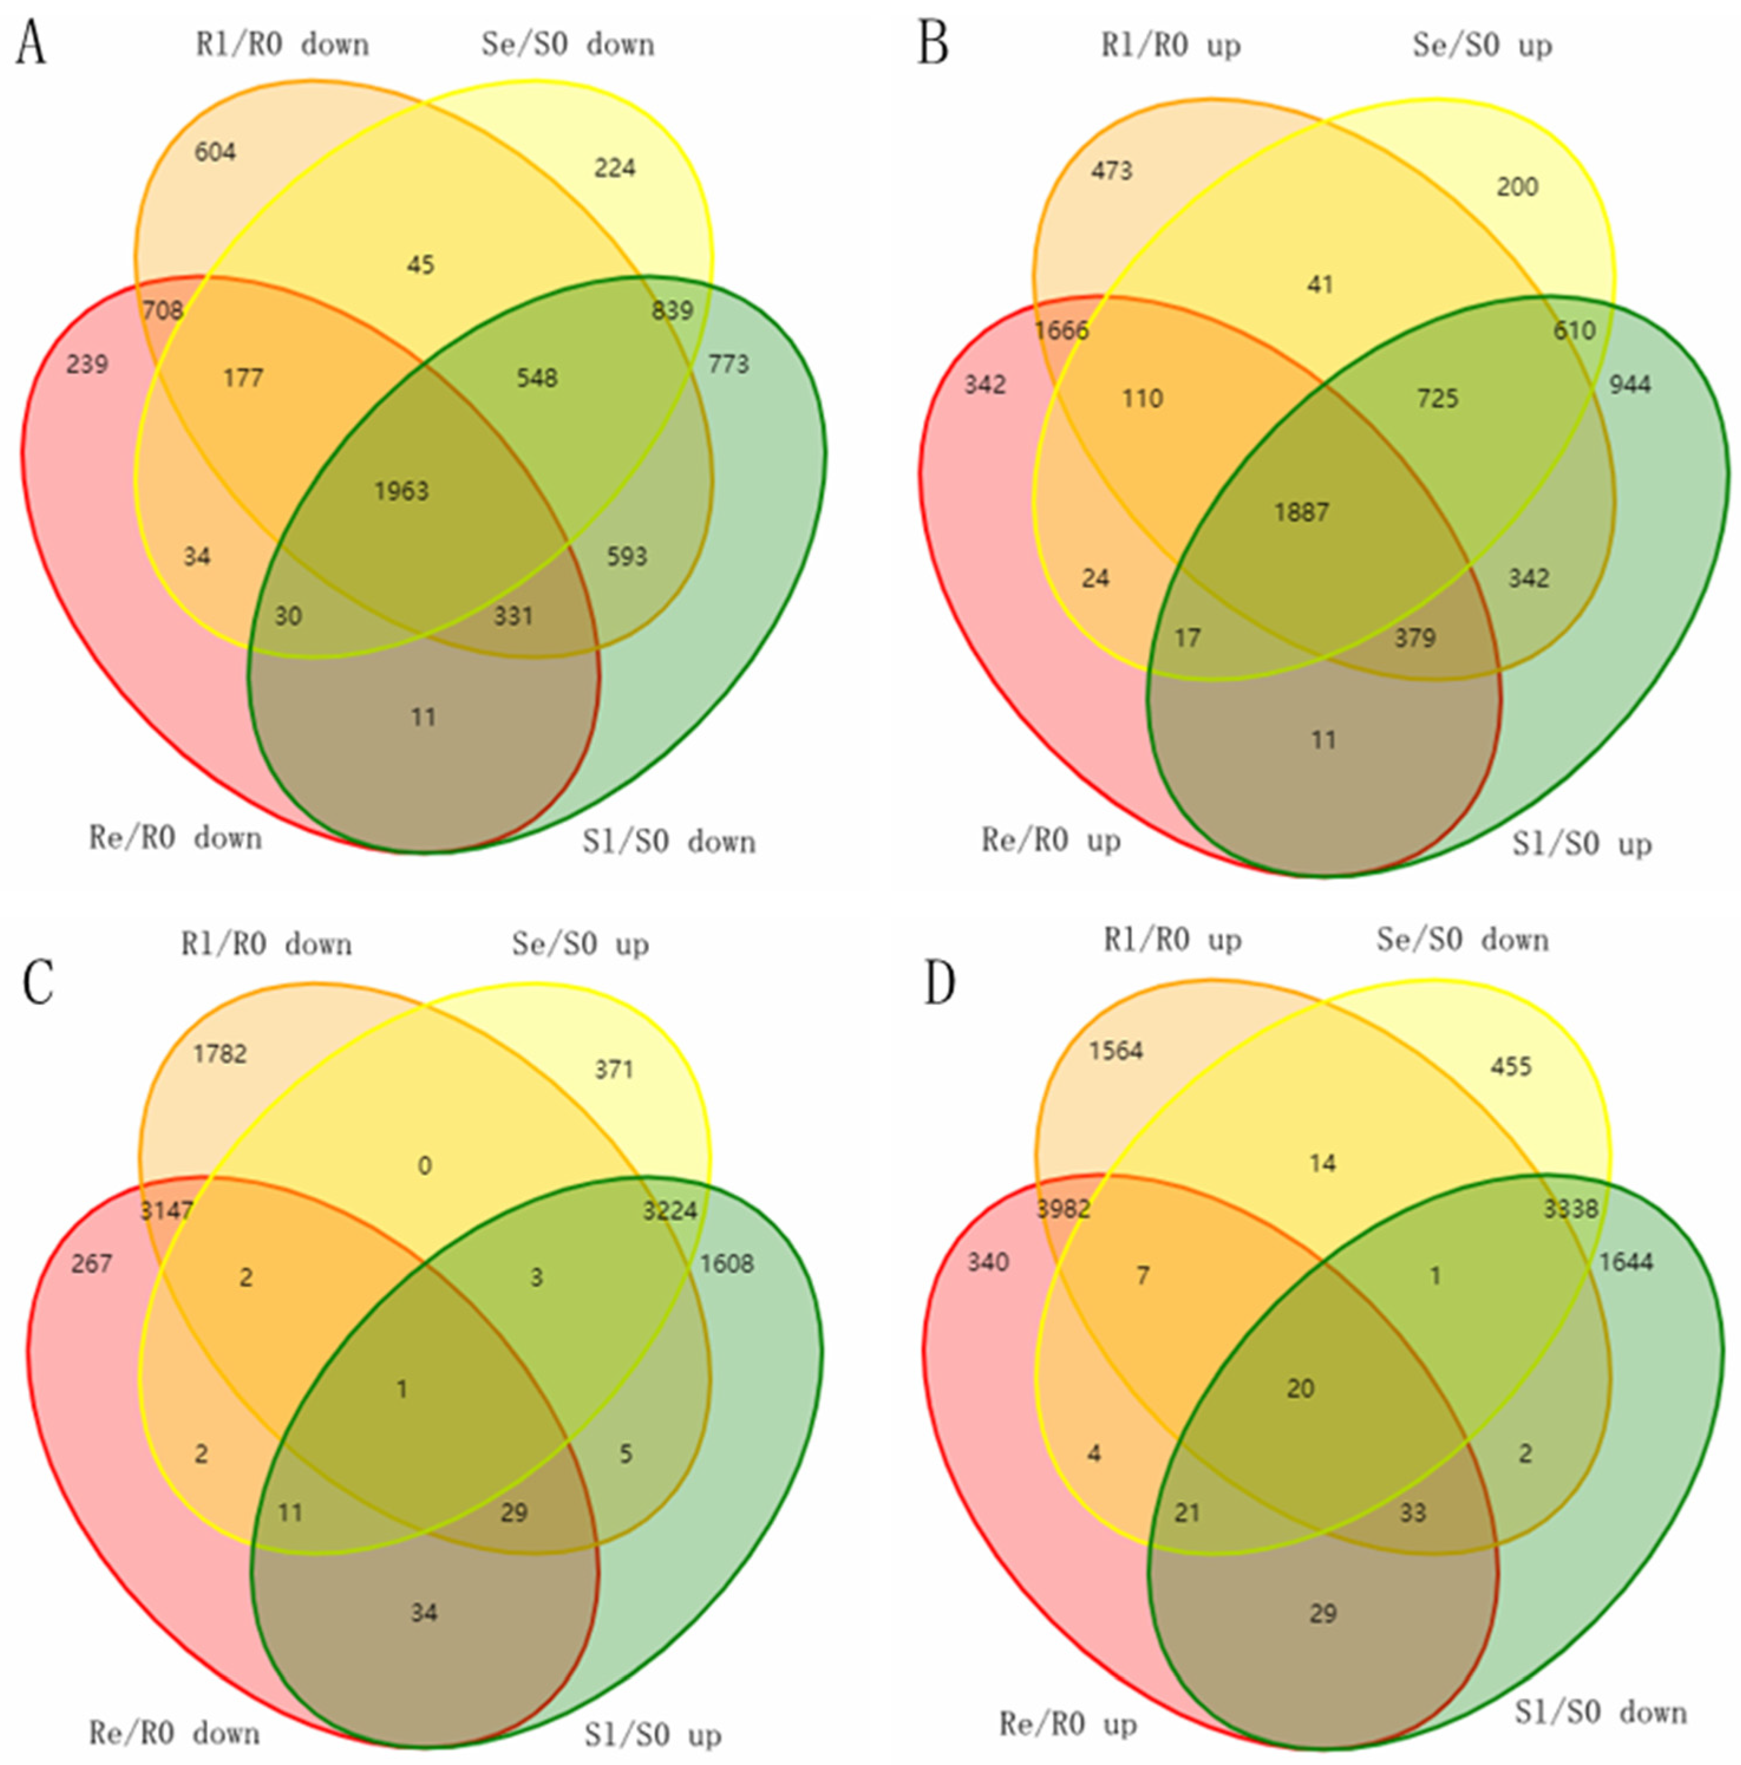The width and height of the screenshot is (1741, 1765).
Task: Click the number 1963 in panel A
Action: pos(401,492)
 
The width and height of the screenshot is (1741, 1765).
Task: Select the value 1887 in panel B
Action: pos(1302,512)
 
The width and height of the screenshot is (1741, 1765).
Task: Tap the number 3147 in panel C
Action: pos(166,1211)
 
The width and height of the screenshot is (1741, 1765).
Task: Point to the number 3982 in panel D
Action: pos(1063,1210)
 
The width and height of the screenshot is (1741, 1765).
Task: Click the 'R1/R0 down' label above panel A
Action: pos(282,44)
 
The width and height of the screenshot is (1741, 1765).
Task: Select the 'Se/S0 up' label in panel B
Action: pos(1481,45)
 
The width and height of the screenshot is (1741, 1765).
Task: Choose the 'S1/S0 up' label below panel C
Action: pos(652,1734)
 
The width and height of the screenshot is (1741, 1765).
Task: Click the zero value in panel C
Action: pos(424,1166)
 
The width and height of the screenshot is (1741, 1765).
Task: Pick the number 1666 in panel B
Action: pos(1061,331)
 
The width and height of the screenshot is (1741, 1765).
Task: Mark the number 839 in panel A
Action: pos(672,310)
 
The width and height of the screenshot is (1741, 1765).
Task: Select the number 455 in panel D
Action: pos(1511,1066)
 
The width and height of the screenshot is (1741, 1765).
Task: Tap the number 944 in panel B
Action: pos(1629,385)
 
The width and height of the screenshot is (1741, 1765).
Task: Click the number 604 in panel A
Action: pos(215,152)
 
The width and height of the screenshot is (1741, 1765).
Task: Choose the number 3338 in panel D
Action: pos(1570,1210)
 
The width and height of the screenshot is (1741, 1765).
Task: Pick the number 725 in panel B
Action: pos(1438,398)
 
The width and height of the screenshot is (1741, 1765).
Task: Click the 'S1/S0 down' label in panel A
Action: pos(669,841)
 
